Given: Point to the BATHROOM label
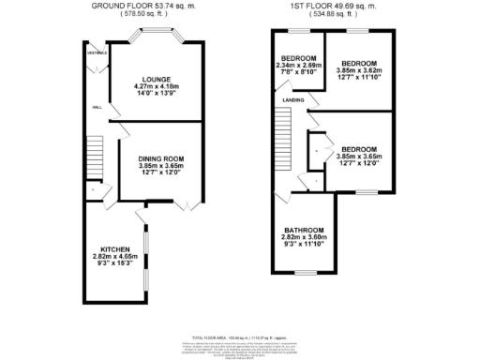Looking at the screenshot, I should [305, 231].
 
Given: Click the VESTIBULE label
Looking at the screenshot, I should [96, 53].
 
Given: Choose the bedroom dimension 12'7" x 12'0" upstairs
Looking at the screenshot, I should [358, 165].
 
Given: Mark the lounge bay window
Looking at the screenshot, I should [156, 39].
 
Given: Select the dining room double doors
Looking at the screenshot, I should [187, 204].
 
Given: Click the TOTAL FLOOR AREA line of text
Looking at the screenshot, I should [239, 336].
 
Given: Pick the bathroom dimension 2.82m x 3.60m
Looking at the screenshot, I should [305, 239].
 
